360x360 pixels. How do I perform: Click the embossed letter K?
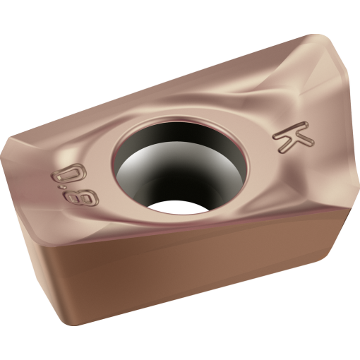click(294, 138)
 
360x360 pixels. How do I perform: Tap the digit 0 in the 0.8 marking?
click(70, 174)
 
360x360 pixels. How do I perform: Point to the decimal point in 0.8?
click(62, 188)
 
